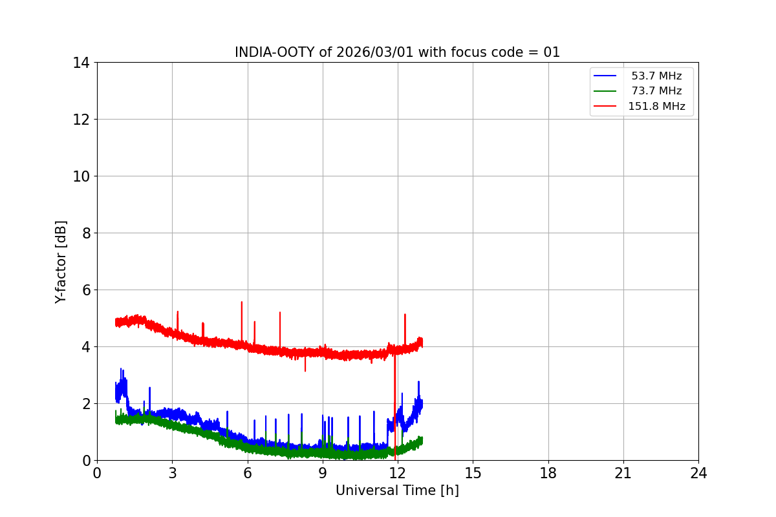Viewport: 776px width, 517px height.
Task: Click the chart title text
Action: [397, 52]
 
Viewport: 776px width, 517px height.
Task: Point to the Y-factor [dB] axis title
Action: [61, 262]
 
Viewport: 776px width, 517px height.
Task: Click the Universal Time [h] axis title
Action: [397, 491]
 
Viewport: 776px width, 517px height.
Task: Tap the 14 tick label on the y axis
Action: [81, 63]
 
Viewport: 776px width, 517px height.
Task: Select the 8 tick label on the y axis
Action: [85, 233]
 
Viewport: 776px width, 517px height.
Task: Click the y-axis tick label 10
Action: [81, 176]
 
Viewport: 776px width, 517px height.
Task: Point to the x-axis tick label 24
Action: [698, 473]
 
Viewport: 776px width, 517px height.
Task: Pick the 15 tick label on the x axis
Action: [473, 473]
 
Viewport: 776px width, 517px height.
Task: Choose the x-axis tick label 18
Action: [548, 473]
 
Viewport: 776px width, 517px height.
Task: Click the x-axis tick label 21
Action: [623, 473]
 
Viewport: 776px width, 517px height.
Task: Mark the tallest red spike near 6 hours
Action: [242, 302]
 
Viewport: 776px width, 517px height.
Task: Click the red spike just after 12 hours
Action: [405, 315]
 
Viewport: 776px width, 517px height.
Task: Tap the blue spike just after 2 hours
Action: [149, 388]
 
